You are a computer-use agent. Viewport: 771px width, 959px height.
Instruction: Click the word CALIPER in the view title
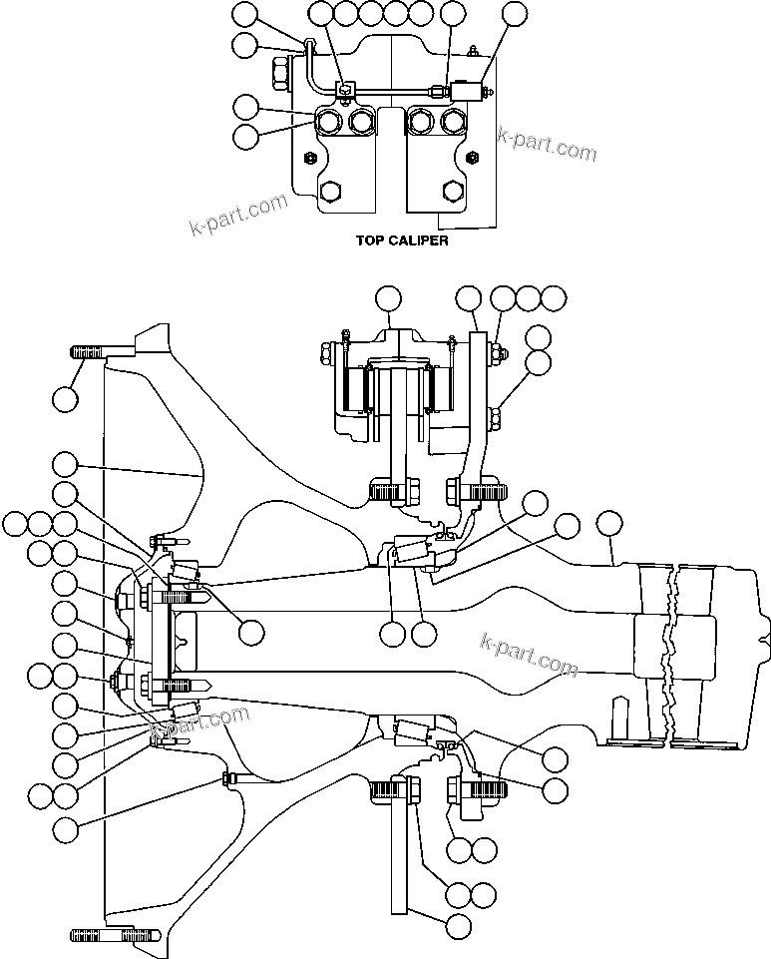pos(416,240)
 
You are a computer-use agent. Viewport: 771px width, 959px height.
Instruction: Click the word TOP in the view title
pos(370,240)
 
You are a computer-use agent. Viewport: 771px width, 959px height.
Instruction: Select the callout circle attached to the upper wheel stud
pos(65,399)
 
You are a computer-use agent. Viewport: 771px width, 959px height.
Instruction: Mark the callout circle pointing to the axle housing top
pos(608,522)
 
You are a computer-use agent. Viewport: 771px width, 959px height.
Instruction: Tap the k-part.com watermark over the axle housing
pos(528,654)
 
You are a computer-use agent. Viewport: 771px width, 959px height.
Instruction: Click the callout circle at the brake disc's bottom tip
pos(458,925)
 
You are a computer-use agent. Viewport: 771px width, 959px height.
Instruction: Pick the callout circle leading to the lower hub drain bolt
pos(65,827)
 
